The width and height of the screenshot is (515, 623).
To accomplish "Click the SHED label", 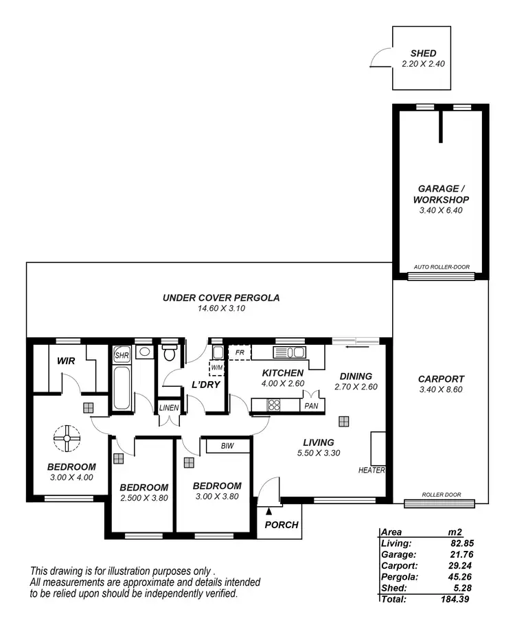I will click(423, 54).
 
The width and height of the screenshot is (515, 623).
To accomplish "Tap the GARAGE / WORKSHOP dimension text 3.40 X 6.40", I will click(440, 210).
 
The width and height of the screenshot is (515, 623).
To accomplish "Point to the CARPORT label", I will click(440, 378).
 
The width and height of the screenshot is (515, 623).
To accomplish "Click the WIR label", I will click(66, 359).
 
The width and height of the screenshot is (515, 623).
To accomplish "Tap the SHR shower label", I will click(122, 356).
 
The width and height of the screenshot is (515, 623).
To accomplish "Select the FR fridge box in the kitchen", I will click(240, 353).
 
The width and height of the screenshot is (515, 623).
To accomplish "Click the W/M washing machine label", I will click(216, 367).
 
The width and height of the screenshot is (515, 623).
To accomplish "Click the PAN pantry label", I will click(310, 406).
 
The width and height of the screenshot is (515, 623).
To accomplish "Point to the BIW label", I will click(227, 446).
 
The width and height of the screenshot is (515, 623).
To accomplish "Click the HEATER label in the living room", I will click(371, 471).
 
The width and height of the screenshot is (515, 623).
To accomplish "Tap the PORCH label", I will click(282, 525).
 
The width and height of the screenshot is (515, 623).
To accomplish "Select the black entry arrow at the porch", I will click(269, 510).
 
